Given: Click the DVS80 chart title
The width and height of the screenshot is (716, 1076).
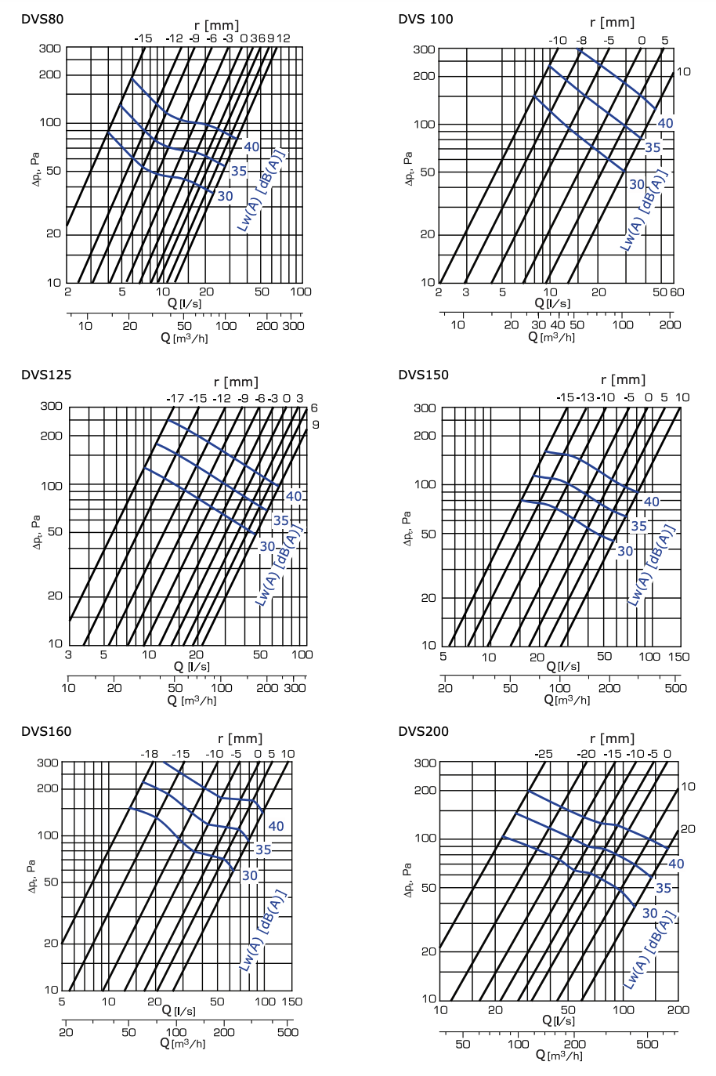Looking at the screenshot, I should (42, 19).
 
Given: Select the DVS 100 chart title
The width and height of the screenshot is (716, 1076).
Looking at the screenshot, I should (425, 19).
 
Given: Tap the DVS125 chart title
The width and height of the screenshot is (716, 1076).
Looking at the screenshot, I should (46, 375).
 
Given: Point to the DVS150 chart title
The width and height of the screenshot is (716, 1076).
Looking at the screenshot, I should (423, 375).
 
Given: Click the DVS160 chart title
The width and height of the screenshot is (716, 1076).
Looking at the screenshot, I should (46, 731).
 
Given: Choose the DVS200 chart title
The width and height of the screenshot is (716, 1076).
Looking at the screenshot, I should (423, 731).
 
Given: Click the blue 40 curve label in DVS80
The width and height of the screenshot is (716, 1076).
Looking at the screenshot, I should (251, 147).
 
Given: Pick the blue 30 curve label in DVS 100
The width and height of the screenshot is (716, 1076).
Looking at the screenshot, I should (637, 185).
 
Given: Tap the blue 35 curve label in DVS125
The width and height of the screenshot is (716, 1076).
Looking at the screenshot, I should (280, 520).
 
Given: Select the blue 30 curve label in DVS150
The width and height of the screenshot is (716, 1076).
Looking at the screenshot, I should (625, 551).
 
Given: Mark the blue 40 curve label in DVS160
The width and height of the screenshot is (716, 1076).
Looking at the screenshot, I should (276, 826).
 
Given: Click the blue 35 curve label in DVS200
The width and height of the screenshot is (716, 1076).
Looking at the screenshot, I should (664, 888).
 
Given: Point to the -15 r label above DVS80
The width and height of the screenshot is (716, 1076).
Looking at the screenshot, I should (143, 38).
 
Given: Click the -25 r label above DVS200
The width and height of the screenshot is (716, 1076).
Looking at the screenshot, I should (543, 754).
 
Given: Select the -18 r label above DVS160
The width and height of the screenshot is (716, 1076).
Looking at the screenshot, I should (149, 754).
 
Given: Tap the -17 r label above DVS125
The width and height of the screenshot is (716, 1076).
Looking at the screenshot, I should (175, 398).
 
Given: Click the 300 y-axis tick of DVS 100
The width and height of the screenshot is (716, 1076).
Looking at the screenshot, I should (424, 49).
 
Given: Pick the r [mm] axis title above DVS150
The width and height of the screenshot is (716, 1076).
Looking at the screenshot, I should (623, 379).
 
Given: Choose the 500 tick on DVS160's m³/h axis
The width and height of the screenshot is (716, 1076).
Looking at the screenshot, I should (287, 1031).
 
